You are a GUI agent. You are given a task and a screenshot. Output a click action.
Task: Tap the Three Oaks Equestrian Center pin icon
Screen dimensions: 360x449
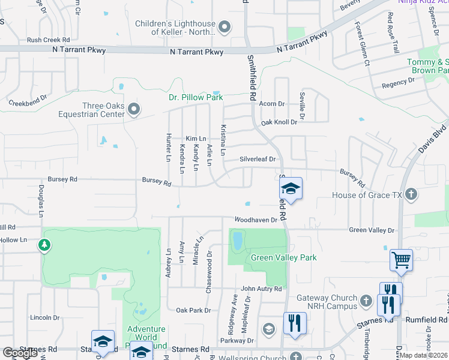point(134,109)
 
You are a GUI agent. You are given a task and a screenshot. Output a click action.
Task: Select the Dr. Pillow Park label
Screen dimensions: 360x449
point(195,97)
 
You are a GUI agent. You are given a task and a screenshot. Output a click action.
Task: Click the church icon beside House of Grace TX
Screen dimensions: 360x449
point(411,194)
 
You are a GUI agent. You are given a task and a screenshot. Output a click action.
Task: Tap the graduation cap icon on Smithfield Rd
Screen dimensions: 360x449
point(290,189)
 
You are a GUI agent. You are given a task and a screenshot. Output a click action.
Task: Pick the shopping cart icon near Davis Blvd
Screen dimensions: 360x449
point(401,260)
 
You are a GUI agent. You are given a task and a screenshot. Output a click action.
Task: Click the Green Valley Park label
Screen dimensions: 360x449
point(283,257)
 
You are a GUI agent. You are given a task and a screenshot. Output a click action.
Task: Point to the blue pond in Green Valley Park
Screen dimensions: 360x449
point(238,241)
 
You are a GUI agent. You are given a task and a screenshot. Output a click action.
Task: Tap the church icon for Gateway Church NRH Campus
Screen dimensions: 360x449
point(366,299)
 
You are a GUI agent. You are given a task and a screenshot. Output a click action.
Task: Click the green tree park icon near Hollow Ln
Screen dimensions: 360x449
point(44,245)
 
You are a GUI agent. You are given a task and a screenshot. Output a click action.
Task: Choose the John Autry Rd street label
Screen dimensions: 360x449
point(261,289)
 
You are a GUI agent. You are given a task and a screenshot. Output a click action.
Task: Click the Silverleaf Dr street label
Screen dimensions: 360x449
point(257,159)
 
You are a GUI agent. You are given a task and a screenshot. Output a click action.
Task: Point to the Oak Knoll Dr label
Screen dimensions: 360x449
point(279,122)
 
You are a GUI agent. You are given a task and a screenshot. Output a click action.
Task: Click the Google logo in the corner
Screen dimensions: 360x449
point(20,353)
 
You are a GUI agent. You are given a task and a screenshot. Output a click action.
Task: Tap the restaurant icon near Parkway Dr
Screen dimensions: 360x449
point(295,323)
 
